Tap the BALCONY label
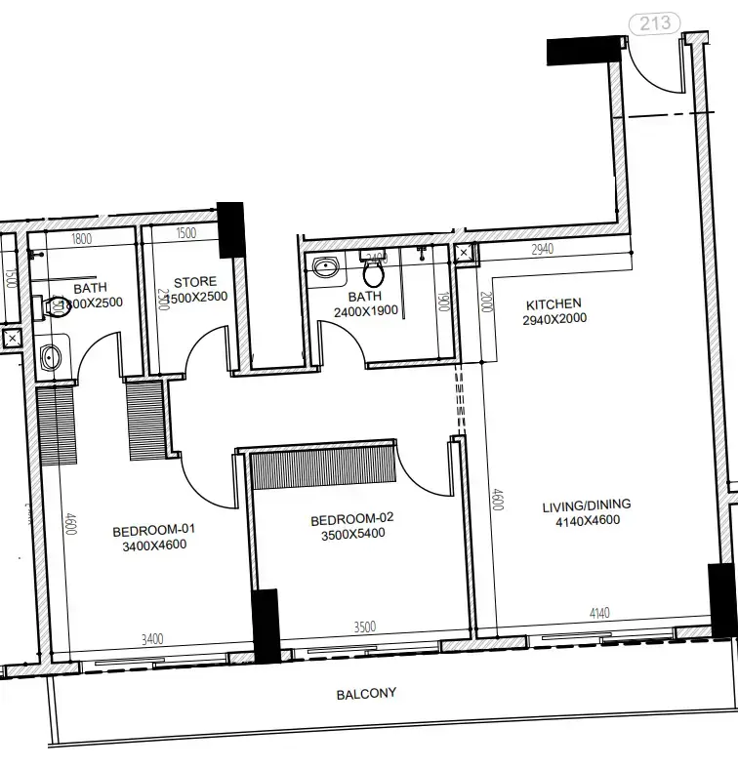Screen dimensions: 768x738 (x=366, y=694)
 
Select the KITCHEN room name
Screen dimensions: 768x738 (x=553, y=303)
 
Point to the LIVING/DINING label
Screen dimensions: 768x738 (x=587, y=505)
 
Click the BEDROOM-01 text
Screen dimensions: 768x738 (x=154, y=530)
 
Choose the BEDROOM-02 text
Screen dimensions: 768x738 (x=352, y=518)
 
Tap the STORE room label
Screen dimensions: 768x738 (x=195, y=282)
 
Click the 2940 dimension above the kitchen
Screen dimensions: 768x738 (x=543, y=250)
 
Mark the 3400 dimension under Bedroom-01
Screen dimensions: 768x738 (x=152, y=639)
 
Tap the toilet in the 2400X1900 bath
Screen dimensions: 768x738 (x=372, y=265)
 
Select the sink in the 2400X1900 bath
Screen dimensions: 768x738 (x=325, y=266)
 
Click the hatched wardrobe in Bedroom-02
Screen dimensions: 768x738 (x=324, y=466)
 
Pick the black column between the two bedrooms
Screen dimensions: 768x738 (x=266, y=626)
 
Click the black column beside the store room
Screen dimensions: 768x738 (x=230, y=229)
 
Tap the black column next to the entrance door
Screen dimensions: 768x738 (x=584, y=50)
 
